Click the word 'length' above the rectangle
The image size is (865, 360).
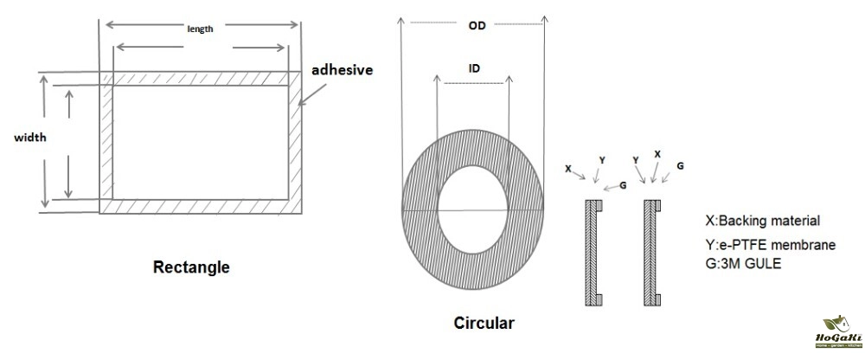point(200,28)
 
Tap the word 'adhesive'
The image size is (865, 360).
point(343,68)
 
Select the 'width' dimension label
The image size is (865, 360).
point(29,137)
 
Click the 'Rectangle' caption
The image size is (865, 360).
point(191,267)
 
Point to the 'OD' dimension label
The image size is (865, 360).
point(477,26)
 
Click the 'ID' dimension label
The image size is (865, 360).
point(474,67)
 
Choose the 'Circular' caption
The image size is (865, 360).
point(484,324)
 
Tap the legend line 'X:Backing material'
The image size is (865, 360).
point(763,221)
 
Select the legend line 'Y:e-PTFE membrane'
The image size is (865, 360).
point(771,246)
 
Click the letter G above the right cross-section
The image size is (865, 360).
point(681,164)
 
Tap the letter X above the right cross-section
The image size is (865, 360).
point(657,153)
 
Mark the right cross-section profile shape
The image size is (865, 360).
point(651,252)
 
